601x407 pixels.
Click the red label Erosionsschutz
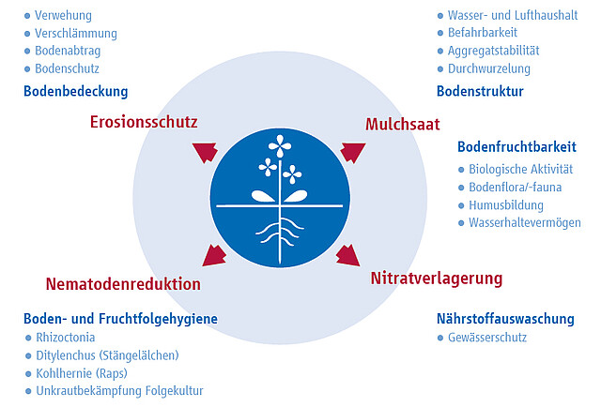144,122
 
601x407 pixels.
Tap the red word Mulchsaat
403,125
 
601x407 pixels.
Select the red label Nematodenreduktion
123,284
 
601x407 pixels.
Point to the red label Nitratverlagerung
436,279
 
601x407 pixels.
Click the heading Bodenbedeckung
75,92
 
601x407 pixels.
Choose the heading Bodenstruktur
480,92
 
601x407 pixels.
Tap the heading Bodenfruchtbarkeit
516,146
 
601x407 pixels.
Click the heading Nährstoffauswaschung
505,319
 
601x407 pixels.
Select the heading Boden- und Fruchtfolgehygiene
120,319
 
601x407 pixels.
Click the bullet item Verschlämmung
76,34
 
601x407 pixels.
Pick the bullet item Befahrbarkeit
483,33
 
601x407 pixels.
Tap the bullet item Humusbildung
506,205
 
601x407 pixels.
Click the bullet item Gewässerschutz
487,338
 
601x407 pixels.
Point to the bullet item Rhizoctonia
66,338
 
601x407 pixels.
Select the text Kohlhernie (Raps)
82,373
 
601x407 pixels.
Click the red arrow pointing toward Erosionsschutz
206,152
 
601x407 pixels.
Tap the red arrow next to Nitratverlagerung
348,255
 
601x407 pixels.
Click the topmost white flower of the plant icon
280,146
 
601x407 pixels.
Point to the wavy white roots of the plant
280,231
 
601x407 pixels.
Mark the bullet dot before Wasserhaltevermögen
461,223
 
